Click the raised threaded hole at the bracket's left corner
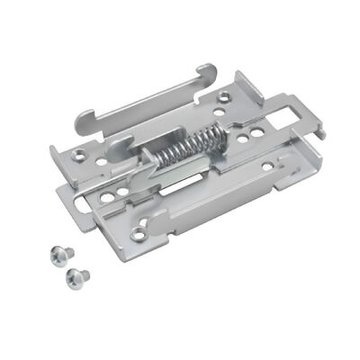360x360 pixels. point(80,156)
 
